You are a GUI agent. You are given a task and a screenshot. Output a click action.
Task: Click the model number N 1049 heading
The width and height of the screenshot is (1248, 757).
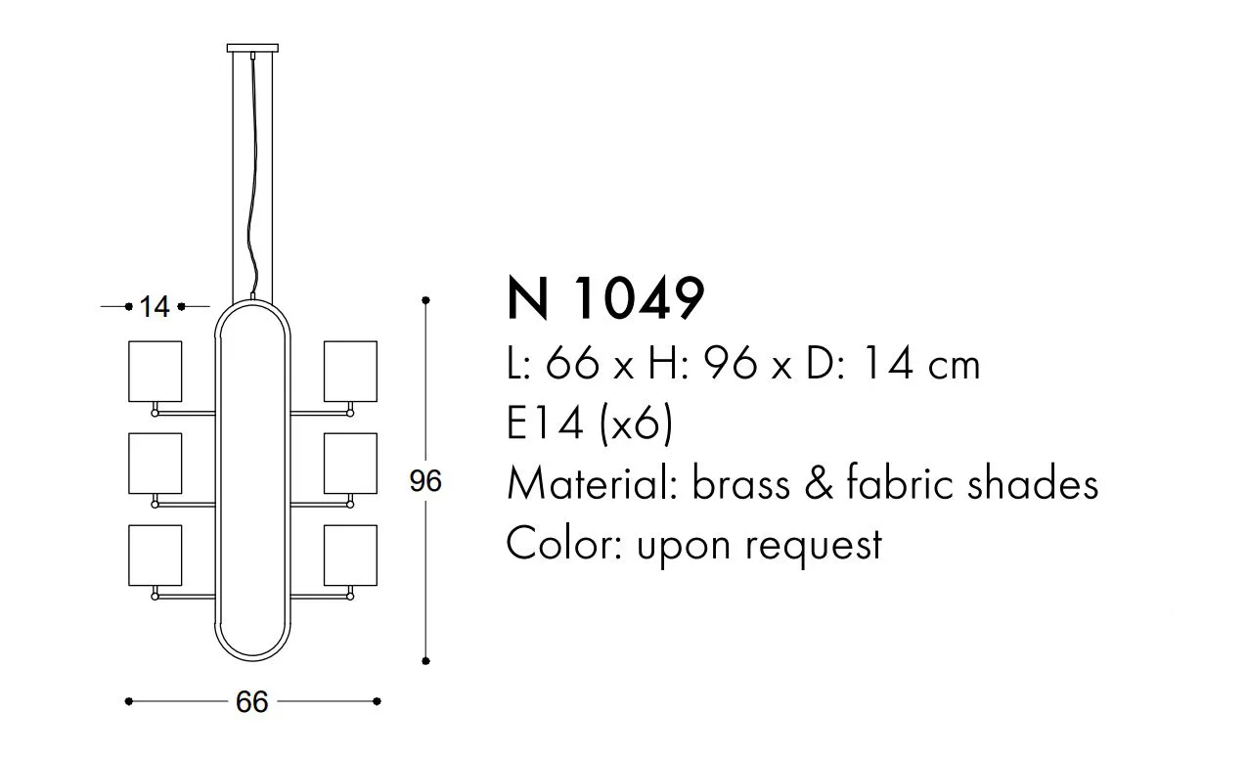coord(606,299)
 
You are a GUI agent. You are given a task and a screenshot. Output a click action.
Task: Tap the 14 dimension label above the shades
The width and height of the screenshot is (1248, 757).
coord(155,307)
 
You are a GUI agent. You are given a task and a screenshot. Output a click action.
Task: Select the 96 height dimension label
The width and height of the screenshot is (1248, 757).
coord(425,481)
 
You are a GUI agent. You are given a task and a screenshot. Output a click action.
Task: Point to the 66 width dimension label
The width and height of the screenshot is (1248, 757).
coord(251,702)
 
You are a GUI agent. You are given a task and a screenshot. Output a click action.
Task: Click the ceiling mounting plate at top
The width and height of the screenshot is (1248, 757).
coord(252,48)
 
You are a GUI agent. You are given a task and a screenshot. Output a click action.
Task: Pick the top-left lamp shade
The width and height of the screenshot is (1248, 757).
coord(155,372)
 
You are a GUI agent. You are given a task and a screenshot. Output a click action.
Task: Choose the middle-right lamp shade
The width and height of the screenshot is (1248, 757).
coord(350,464)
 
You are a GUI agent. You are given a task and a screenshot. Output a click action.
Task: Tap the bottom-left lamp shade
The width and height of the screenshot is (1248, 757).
coord(155,556)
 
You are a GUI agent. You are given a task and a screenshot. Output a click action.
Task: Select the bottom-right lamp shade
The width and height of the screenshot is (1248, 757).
coord(350,556)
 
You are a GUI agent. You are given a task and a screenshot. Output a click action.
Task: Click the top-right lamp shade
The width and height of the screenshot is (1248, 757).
coord(350,372)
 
